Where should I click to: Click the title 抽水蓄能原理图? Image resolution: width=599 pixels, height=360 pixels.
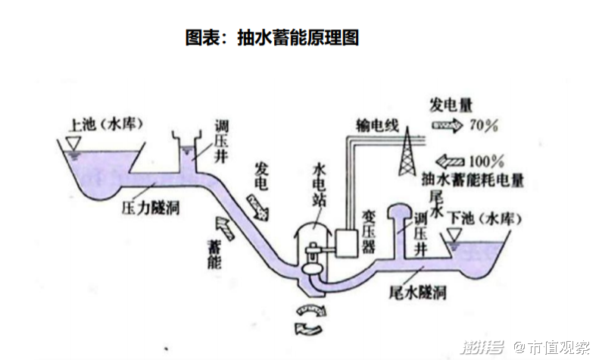click(x=271, y=38)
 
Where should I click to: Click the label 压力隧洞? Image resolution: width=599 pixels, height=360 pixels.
click(x=150, y=206)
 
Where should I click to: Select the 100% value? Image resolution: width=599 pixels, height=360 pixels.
click(x=486, y=161)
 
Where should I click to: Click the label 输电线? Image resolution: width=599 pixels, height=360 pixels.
click(x=377, y=125)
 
